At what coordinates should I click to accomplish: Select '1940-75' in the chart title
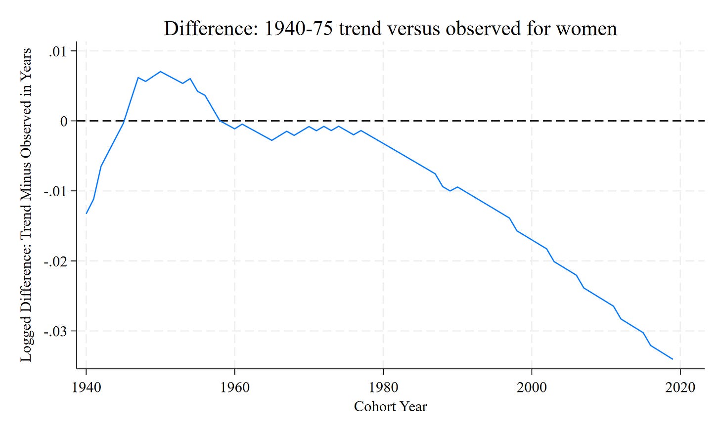pos(298,28)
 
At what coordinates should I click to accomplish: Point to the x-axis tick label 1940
pos(86,388)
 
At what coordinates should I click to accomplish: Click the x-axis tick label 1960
pos(234,388)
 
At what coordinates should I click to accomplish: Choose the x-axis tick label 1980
pos(383,388)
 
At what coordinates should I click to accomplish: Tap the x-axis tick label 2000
pos(532,388)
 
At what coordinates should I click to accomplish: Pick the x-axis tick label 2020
pos(680,388)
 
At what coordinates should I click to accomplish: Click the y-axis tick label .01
pos(57,51)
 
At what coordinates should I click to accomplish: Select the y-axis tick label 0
pos(64,121)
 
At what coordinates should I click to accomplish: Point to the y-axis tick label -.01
pos(55,191)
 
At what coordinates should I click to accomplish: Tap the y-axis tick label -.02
pos(55,261)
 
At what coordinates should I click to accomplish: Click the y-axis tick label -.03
pos(55,332)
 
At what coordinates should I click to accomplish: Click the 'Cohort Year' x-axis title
pos(390,407)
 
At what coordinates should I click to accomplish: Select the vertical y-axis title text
pos(26,205)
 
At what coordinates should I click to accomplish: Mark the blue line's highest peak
pos(160,72)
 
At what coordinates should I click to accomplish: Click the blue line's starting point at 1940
pos(86,213)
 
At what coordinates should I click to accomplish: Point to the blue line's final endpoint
pos(673,359)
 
